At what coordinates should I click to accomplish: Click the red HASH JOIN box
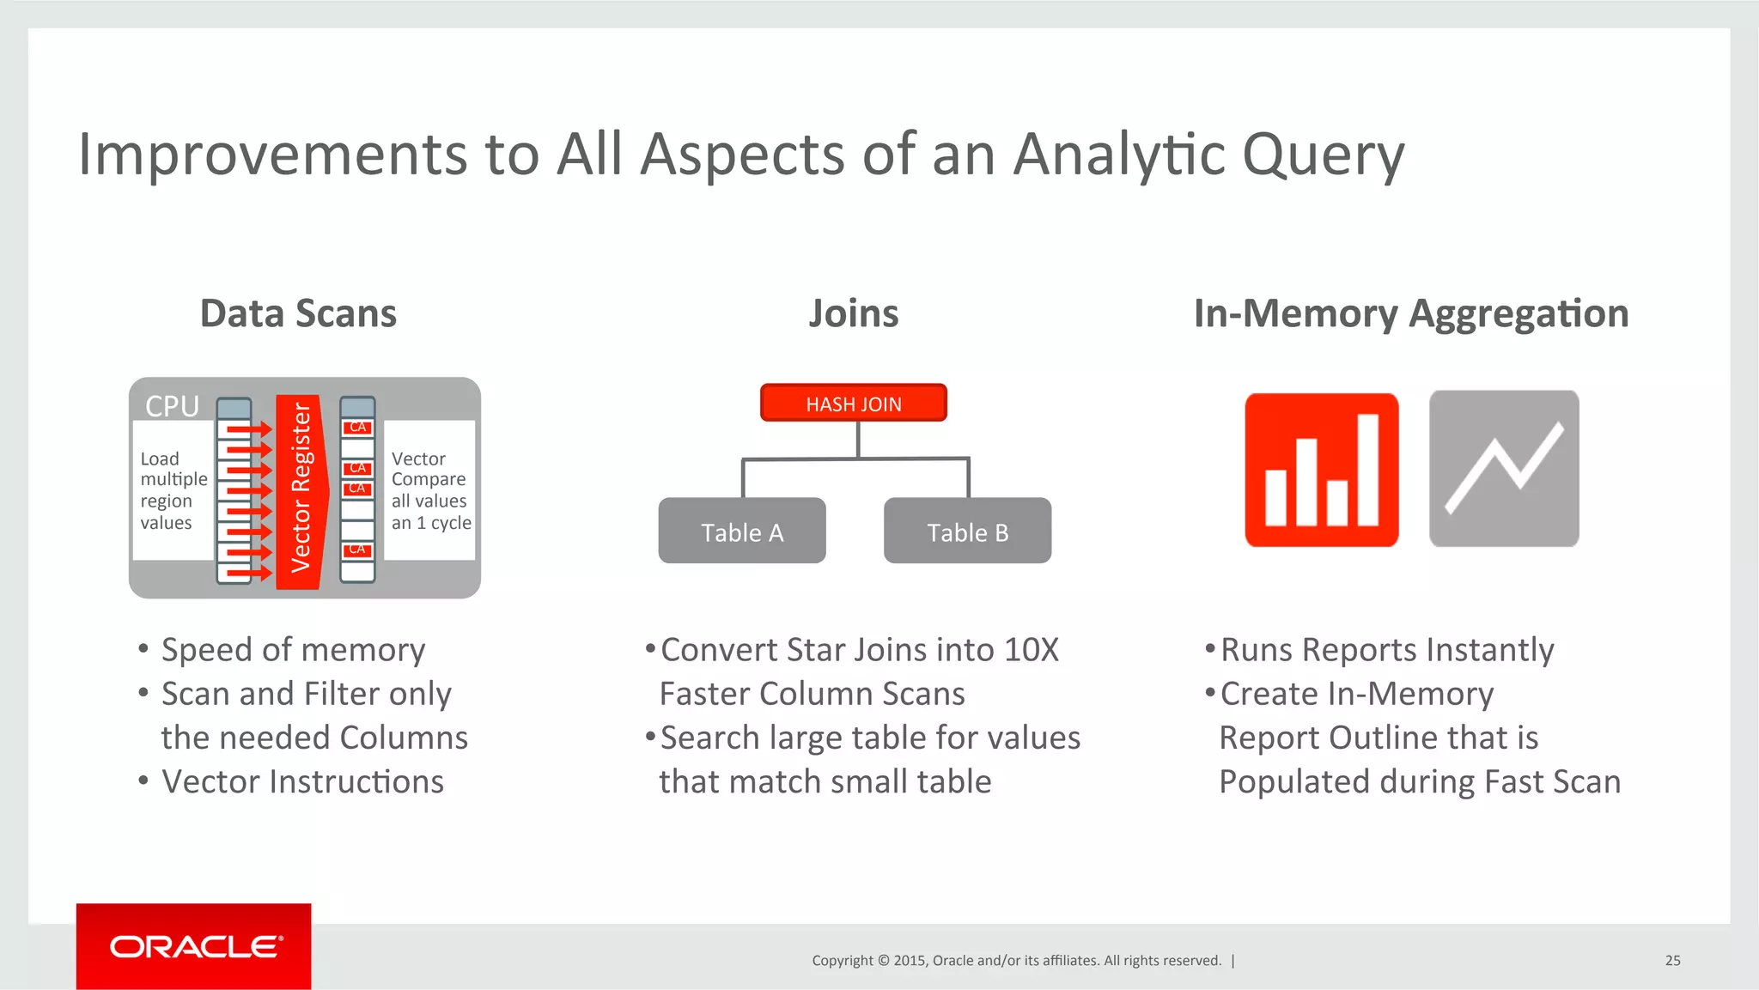853,403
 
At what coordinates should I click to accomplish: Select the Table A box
742,531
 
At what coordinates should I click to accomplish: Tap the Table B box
967,531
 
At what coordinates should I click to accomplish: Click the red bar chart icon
1321,470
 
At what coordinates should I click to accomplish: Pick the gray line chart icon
1504,469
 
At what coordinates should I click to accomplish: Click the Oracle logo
194,946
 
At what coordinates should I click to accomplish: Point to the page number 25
1672,960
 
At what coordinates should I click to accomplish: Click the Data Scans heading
298,313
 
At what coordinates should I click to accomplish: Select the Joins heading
853,313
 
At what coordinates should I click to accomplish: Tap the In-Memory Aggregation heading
1410,313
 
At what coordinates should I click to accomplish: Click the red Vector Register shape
301,491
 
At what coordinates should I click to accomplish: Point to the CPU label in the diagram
172,405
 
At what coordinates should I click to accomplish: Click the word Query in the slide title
1323,155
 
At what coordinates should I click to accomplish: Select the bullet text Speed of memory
293,650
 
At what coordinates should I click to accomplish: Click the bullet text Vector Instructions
302,781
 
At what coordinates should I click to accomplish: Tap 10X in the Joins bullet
1031,650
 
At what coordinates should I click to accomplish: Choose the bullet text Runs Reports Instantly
1387,650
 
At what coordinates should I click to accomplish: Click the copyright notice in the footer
1016,960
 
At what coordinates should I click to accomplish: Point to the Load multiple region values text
173,490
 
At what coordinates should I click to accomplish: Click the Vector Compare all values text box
429,490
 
